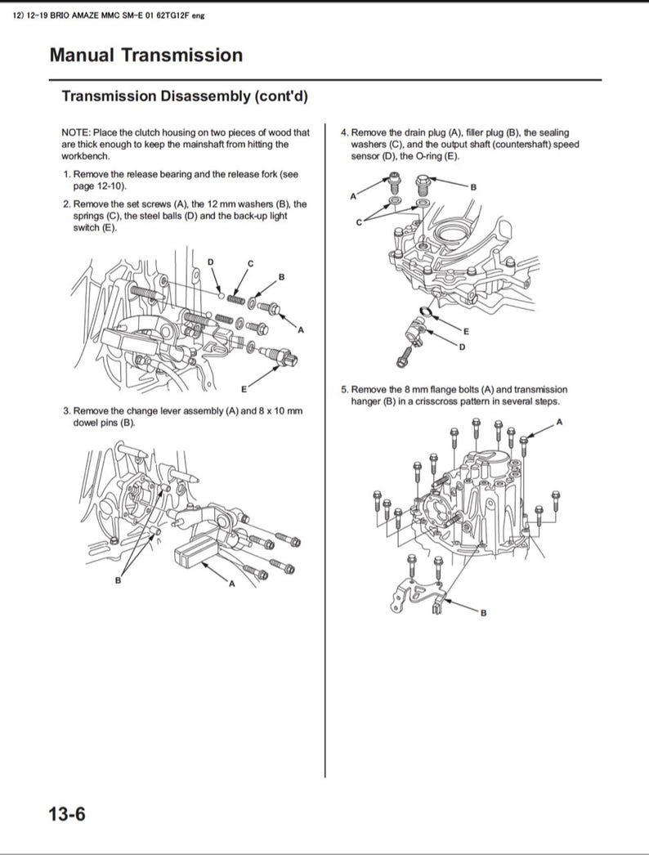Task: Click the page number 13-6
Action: point(68,814)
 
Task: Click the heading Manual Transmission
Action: point(145,56)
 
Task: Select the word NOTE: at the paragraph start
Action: point(76,132)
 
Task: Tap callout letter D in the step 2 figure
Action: point(210,261)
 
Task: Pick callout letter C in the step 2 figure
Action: point(250,262)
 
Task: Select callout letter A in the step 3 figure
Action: point(231,584)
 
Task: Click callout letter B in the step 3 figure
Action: point(118,580)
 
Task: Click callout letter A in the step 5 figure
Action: point(559,422)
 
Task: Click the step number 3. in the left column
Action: point(67,411)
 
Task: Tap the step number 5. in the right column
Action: point(345,390)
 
